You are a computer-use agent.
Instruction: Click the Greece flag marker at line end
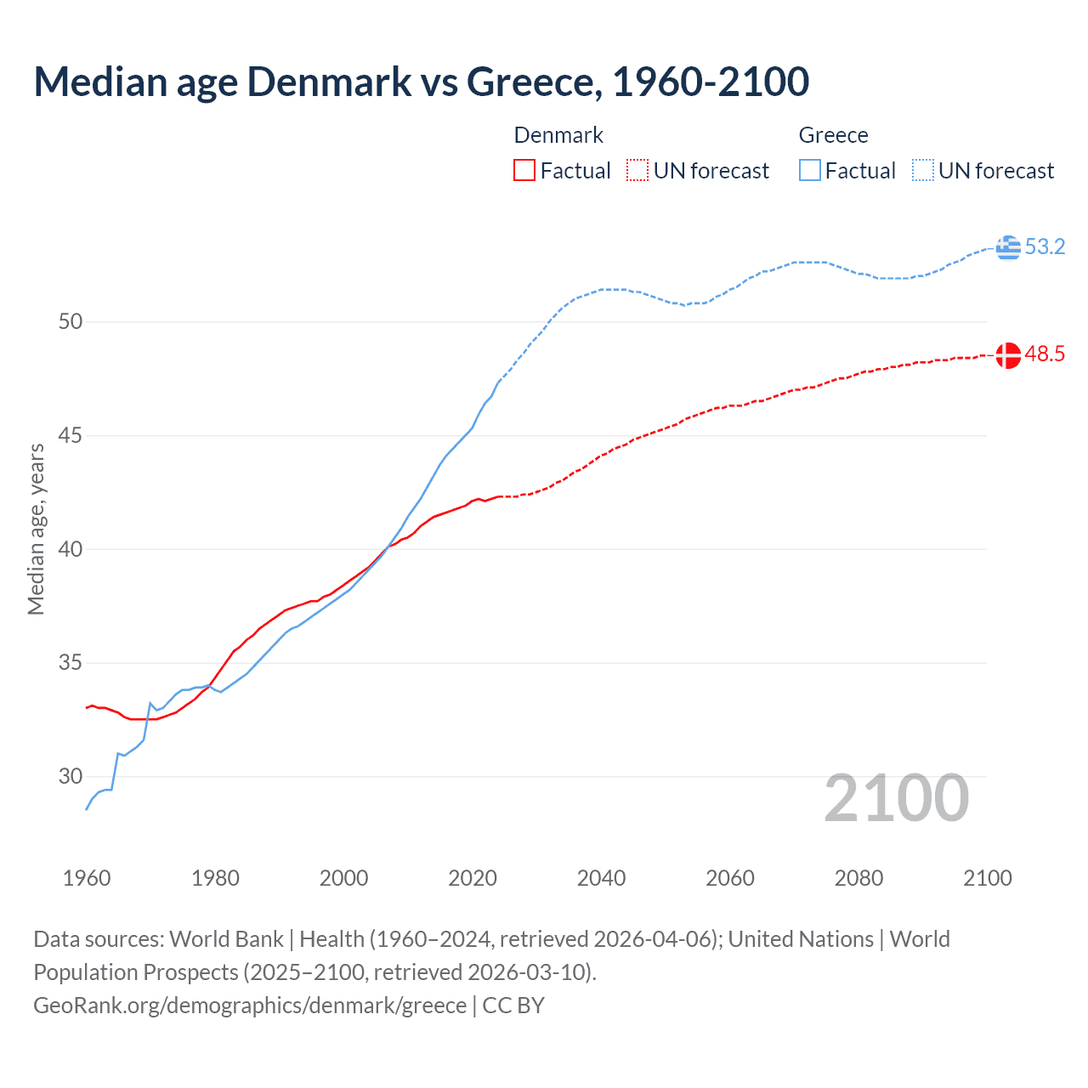click(x=1008, y=247)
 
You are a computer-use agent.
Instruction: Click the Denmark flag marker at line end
click(x=1008, y=355)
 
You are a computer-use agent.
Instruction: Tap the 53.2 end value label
click(x=1045, y=247)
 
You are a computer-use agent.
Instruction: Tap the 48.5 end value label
click(x=1045, y=354)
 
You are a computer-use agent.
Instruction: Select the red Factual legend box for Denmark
click(x=524, y=170)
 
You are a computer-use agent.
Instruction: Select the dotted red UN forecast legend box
click(x=637, y=170)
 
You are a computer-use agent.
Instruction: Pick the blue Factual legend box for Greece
click(x=810, y=170)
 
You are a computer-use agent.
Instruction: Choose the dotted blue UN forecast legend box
click(x=923, y=170)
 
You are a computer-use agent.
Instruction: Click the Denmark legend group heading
click(x=558, y=135)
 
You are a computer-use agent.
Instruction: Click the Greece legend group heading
click(x=833, y=135)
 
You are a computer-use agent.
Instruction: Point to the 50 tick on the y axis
click(x=71, y=322)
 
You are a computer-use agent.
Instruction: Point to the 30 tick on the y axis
click(x=71, y=776)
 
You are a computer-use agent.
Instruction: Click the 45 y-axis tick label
click(x=71, y=436)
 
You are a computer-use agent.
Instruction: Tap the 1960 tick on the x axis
click(x=87, y=878)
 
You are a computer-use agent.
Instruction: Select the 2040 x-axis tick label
click(x=601, y=878)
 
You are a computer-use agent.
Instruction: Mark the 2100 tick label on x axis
click(x=987, y=878)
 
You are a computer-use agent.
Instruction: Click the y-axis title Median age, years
click(x=36, y=529)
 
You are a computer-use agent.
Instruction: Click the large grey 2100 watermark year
click(x=896, y=798)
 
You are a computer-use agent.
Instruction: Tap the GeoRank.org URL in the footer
click(x=250, y=1006)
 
